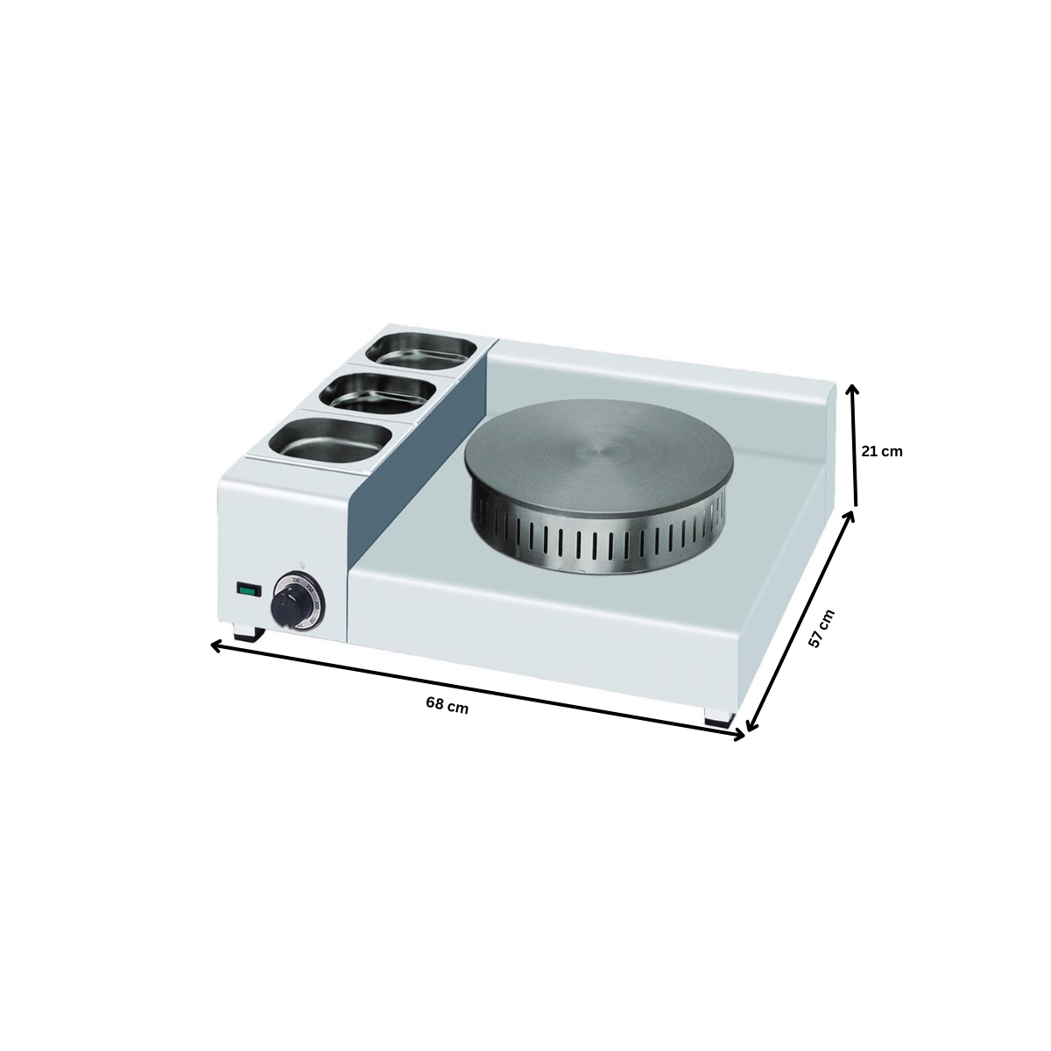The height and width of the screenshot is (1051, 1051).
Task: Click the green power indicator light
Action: [249, 590]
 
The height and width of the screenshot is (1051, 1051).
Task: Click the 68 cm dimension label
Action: [447, 706]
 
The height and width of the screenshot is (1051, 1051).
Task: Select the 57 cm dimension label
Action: [821, 628]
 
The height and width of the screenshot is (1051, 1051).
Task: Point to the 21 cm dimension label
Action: [880, 452]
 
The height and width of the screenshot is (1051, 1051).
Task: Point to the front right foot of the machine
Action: [721, 716]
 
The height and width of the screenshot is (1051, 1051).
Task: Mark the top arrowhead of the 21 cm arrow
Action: [855, 389]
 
